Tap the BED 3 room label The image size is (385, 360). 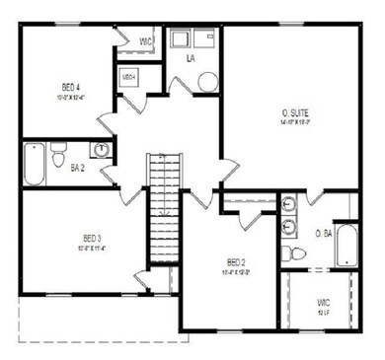[x=92, y=237]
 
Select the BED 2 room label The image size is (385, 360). [x=235, y=261]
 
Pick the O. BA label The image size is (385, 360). [x=323, y=234]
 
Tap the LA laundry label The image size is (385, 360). [x=192, y=59]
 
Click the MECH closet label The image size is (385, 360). [x=128, y=76]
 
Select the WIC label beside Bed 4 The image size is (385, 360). [x=145, y=41]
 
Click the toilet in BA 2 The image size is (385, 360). [x=60, y=156]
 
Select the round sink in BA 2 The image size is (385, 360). [x=100, y=150]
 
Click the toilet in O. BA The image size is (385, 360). [x=289, y=253]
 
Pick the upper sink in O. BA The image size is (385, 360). [x=287, y=206]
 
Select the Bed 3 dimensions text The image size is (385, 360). [x=92, y=248]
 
